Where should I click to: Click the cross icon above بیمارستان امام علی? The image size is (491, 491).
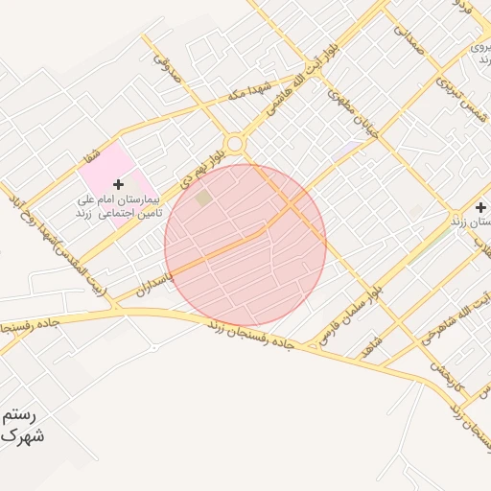pos(118,183)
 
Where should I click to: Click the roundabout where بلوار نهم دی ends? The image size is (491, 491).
pos(234,143)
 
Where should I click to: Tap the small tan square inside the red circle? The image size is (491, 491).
pos(203,198)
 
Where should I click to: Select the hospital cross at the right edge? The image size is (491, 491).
pos(480,207)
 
